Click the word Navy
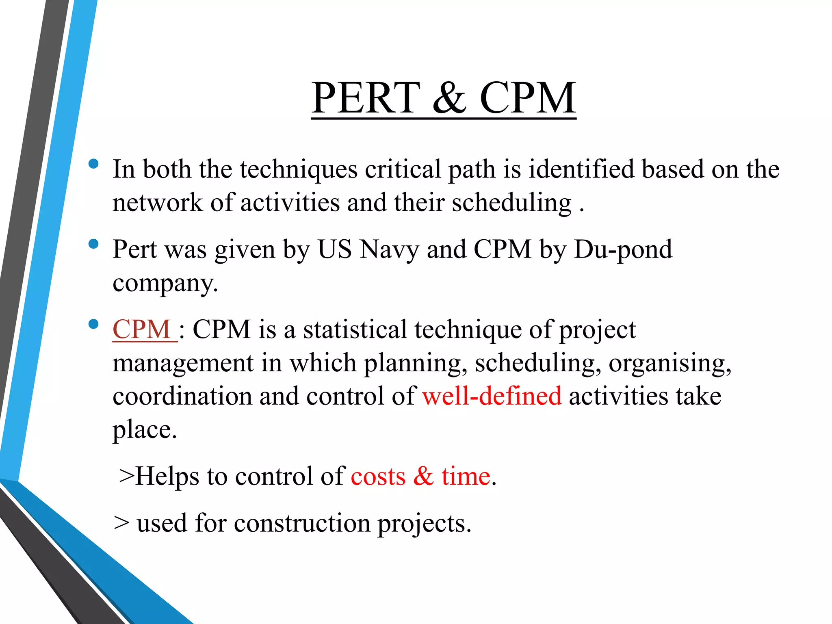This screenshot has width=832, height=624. pos(389,249)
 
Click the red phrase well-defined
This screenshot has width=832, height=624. pos(492,396)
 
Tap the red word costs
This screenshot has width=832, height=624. pos(378,476)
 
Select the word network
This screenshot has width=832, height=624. pos(157,203)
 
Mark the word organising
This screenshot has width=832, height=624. pos(669,363)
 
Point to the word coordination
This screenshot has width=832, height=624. pos(182,396)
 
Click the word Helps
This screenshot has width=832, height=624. pos(167,476)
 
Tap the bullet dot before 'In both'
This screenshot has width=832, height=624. pos(93,164)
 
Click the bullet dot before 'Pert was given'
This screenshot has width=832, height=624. pos(93,244)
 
